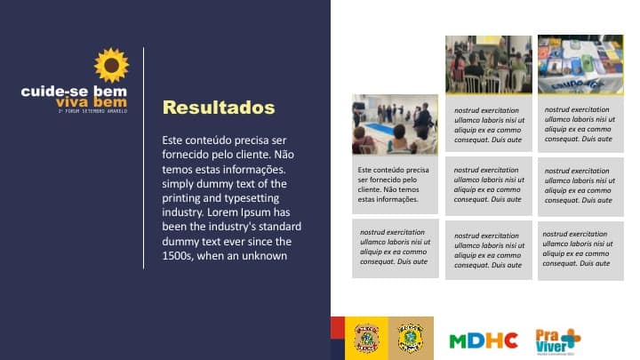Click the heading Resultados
[219, 108]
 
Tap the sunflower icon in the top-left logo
[112, 66]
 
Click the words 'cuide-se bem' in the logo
[75, 91]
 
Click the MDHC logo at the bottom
[484, 340]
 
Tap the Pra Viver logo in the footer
[556, 340]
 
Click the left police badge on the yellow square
[366, 338]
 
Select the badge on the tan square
[410, 338]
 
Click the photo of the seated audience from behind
[488, 64]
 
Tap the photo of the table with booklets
[580, 64]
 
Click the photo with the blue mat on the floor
[395, 124]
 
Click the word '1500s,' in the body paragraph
[181, 256]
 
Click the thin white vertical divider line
[144, 158]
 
